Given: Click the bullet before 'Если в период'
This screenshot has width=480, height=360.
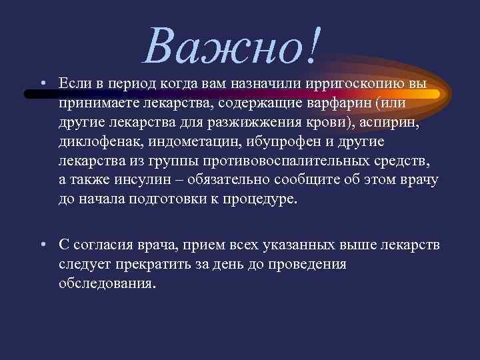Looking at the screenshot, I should pos(41,84).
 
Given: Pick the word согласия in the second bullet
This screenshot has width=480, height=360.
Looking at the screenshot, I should pos(101,245).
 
